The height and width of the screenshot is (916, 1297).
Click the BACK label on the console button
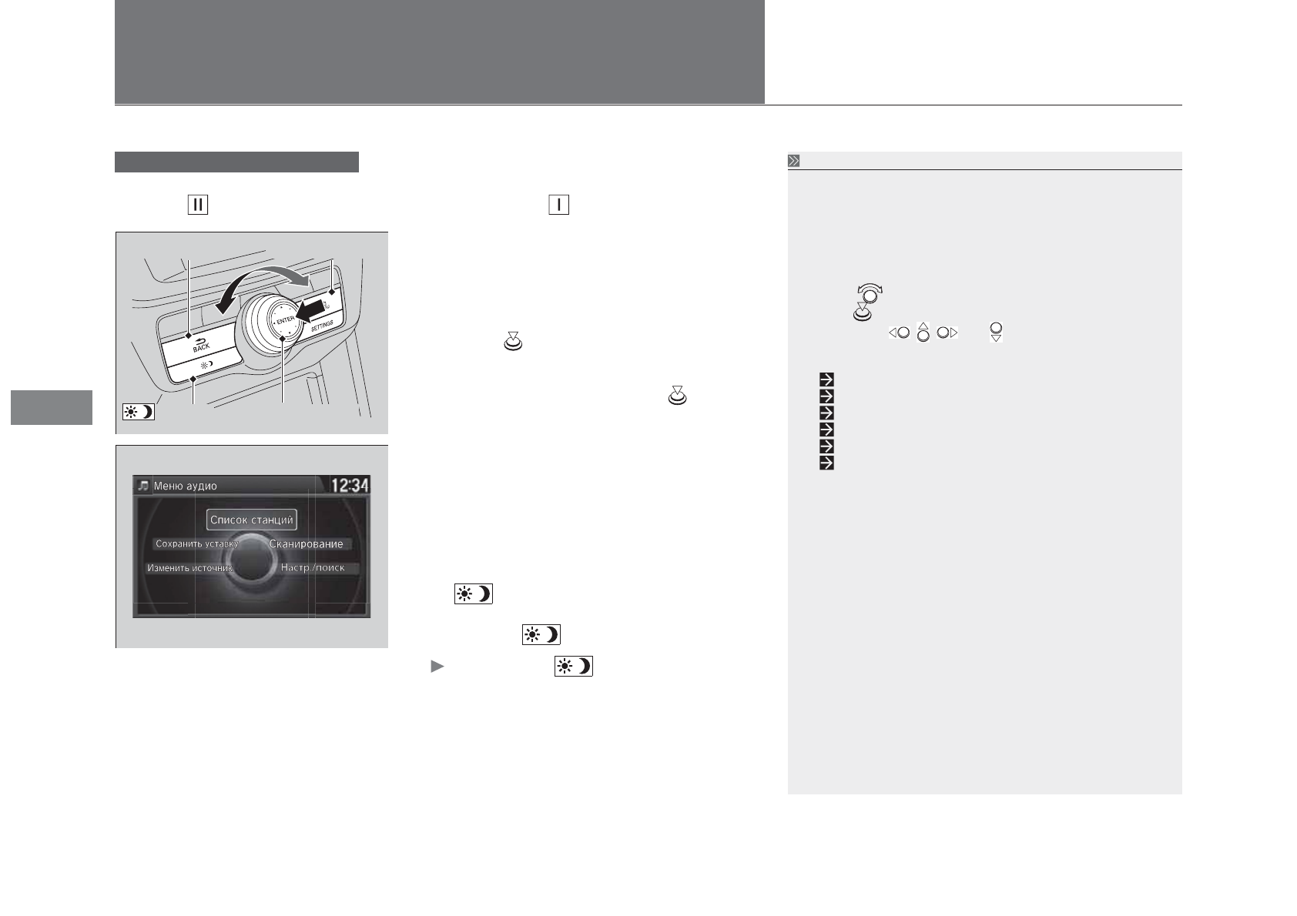pyautogui.click(x=201, y=346)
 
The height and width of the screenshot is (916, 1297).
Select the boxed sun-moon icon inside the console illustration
pyautogui.click(x=139, y=411)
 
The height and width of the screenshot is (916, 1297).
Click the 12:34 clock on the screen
pyautogui.click(x=350, y=485)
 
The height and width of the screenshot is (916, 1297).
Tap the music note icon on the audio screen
pyautogui.click(x=143, y=486)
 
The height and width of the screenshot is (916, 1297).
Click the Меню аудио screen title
pyautogui.click(x=185, y=486)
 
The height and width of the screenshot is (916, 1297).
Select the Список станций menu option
pyautogui.click(x=252, y=520)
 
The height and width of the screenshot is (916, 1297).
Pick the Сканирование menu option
pyautogui.click(x=307, y=544)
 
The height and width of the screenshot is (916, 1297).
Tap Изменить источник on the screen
pyautogui.click(x=189, y=568)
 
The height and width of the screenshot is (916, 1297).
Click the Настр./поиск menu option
pyautogui.click(x=313, y=568)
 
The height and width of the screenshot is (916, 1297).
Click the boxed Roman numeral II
pyautogui.click(x=198, y=205)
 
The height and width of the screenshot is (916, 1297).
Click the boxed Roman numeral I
pyautogui.click(x=558, y=205)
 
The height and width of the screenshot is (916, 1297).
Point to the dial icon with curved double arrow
pyautogui.click(x=870, y=293)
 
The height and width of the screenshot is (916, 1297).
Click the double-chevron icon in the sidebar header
pyautogui.click(x=794, y=161)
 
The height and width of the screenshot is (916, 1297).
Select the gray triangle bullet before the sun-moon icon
pyautogui.click(x=437, y=667)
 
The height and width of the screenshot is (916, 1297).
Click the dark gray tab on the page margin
pyautogui.click(x=52, y=407)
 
